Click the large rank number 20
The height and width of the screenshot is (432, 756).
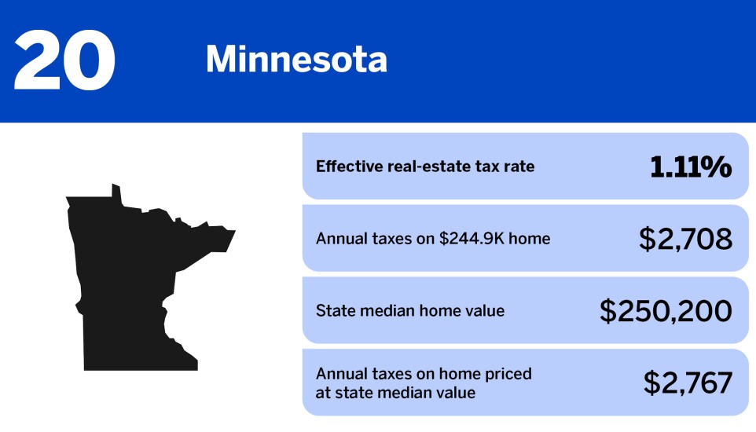64,60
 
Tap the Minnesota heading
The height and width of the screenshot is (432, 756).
296,60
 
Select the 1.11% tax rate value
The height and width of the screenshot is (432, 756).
691,167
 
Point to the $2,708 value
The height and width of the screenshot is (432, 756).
685,239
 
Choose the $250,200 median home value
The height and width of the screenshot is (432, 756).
666,311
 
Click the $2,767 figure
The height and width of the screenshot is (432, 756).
688,383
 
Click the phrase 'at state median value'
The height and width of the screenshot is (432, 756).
395,392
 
